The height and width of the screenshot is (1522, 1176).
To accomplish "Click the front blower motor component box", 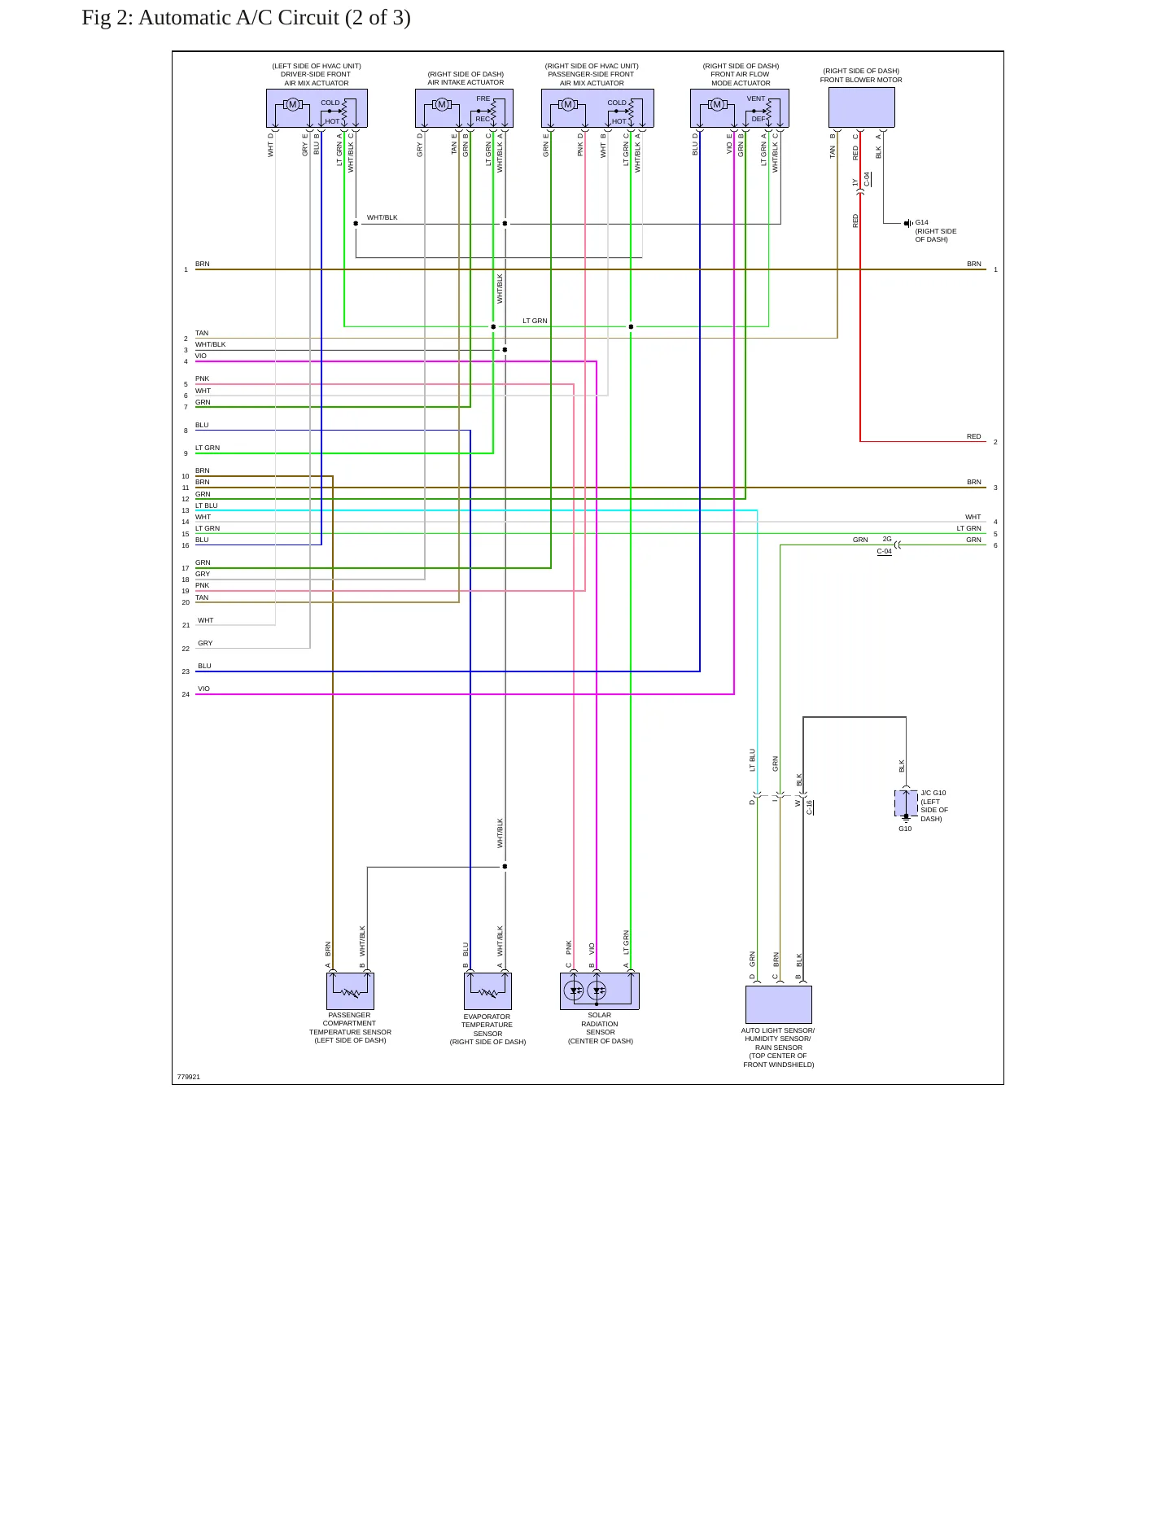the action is point(861,107).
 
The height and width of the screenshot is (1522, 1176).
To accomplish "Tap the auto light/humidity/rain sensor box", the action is point(778,1004).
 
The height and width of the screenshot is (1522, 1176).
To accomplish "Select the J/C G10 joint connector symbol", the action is point(906,803).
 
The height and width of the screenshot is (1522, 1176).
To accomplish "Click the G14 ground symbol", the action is point(907,223).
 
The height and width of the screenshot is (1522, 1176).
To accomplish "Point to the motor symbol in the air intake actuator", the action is point(442,104).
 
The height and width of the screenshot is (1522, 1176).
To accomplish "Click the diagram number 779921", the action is point(189,1077).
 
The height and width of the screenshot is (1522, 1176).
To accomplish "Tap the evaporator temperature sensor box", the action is point(487,991).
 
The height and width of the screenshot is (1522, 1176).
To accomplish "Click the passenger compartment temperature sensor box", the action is point(350,991).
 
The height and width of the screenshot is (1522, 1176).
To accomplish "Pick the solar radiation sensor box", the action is point(600,991).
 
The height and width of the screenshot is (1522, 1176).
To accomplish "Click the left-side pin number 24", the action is point(186,694).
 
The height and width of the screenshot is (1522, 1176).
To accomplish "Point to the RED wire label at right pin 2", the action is point(974,436).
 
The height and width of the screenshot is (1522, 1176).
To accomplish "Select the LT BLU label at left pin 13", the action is point(207,505).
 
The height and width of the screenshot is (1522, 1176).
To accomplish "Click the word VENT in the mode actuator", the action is point(756,98).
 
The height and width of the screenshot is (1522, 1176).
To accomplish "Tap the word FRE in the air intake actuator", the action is point(483,98).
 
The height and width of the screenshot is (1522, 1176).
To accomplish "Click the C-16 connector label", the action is point(810,807).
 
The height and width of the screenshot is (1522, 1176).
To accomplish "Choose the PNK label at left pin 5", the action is point(203,378).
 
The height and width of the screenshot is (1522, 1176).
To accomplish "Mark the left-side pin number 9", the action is point(186,453).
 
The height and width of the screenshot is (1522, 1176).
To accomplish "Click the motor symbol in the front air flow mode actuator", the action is point(717,104).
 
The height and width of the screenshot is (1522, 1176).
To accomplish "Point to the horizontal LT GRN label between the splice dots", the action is point(535,321).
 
